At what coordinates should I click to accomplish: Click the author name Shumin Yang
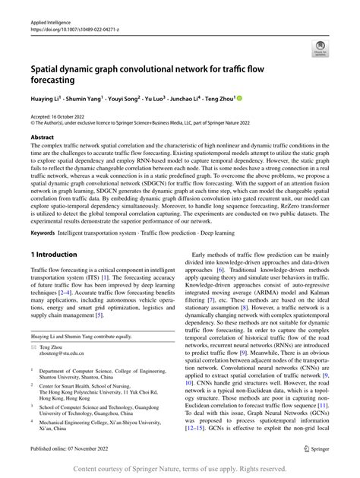93,98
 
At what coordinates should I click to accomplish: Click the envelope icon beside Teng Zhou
34,346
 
